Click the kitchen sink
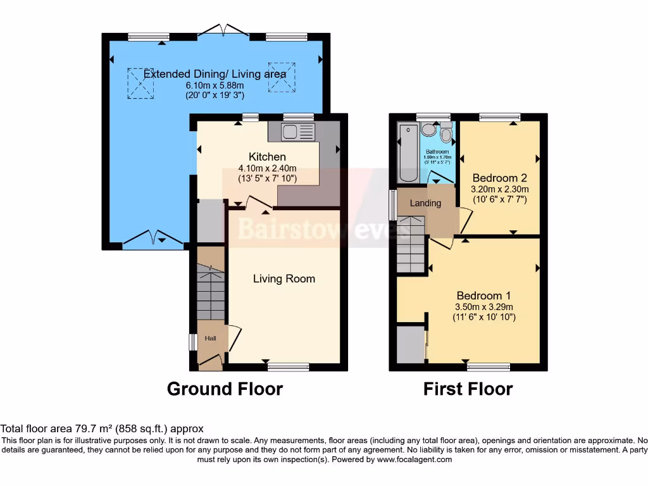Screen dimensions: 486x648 (x=298, y=132)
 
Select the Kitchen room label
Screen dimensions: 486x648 (x=267, y=157)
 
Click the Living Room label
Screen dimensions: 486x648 (x=284, y=278)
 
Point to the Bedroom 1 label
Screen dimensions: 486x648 (x=483, y=296)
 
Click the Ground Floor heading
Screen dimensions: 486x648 (x=225, y=389)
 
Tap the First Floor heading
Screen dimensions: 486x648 (x=468, y=389)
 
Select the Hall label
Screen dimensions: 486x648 (x=210, y=339)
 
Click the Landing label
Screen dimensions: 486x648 (x=425, y=203)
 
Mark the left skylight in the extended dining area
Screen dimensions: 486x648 (x=141, y=83)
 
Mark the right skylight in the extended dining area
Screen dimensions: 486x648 (x=282, y=76)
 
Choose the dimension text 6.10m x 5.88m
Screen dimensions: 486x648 (x=215, y=85)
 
